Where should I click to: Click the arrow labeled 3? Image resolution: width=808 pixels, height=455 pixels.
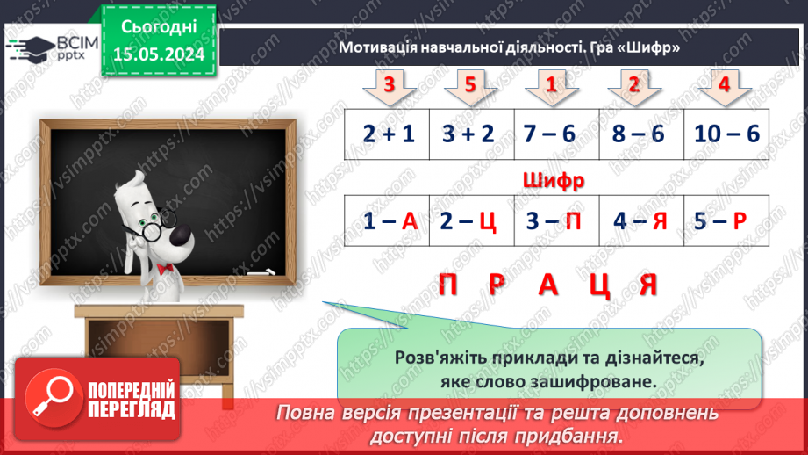(x=387, y=87)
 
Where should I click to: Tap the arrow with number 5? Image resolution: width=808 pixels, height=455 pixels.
(x=469, y=87)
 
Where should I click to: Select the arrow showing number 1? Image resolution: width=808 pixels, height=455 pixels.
(x=552, y=87)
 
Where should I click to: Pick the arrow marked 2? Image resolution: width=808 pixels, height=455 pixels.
(x=633, y=87)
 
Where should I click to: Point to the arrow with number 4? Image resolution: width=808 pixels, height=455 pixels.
(x=724, y=87)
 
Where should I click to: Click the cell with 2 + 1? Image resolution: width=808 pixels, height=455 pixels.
(x=387, y=134)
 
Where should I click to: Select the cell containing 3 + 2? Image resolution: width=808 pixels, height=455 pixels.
(x=469, y=134)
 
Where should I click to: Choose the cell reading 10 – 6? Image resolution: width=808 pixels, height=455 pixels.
(x=726, y=134)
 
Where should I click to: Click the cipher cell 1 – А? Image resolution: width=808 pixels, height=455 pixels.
(x=387, y=221)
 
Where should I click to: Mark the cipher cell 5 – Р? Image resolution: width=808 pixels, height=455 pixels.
(x=726, y=221)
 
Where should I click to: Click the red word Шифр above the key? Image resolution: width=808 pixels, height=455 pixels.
(x=553, y=181)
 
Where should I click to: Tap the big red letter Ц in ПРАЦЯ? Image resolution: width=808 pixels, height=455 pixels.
(x=599, y=285)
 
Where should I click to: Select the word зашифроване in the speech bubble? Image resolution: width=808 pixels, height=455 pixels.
(x=601, y=383)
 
